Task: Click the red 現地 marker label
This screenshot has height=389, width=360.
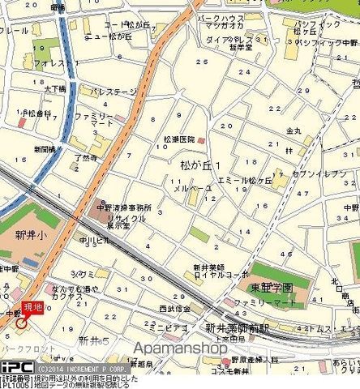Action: pyautogui.click(x=31, y=306)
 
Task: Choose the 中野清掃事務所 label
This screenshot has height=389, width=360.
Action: pyautogui.click(x=126, y=207)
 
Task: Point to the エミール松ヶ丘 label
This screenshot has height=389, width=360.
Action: pyautogui.click(x=242, y=181)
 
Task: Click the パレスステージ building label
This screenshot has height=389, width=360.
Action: pyautogui.click(x=114, y=92)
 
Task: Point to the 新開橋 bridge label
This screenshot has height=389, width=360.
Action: pyautogui.click(x=45, y=149)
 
